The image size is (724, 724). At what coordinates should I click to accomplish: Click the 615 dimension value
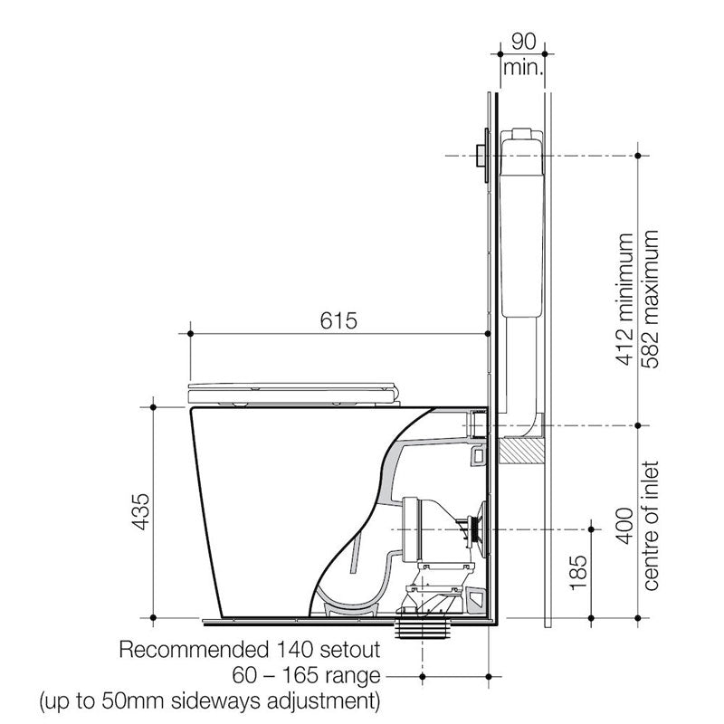pyautogui.click(x=339, y=320)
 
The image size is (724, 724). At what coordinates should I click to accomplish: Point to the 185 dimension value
pyautogui.click(x=580, y=572)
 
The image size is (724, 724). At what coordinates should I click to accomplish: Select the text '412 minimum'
pyautogui.click(x=624, y=299)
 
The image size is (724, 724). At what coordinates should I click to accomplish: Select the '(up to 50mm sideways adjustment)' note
pyautogui.click(x=205, y=700)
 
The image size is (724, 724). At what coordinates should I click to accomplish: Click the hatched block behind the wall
pyautogui.click(x=522, y=447)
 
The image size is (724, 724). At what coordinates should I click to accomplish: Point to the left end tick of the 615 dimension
pyautogui.click(x=191, y=333)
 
